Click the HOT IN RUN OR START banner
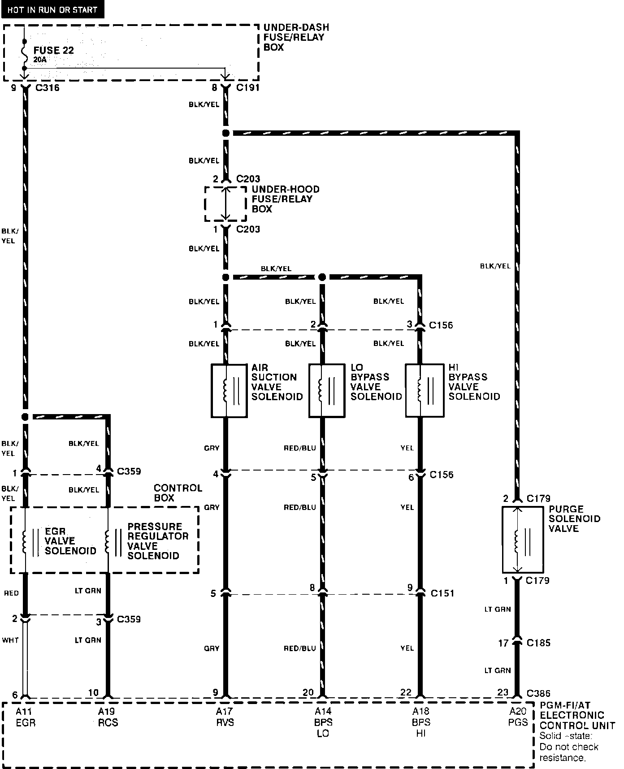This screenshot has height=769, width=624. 52,9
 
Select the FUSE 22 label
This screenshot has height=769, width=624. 54,50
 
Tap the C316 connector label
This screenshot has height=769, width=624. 47,88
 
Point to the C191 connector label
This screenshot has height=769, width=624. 248,88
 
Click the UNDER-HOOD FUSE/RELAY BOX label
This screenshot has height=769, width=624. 285,199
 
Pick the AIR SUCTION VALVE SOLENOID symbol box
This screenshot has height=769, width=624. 229,390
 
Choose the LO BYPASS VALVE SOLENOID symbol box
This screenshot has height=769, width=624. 326,390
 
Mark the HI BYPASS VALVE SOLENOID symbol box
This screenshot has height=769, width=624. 424,390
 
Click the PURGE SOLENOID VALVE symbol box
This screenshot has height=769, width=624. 522,540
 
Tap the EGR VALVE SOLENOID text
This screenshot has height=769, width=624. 70,541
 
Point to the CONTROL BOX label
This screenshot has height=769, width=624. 178,493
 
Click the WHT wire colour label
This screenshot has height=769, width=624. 10,640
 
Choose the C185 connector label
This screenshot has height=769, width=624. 538,643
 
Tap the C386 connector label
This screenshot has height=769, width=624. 539,693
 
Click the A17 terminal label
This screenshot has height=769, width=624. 225,711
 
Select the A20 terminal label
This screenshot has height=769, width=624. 518,711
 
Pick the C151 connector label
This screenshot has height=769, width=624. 442,593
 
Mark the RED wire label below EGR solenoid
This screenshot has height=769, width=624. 11,593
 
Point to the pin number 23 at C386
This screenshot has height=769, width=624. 503,692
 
